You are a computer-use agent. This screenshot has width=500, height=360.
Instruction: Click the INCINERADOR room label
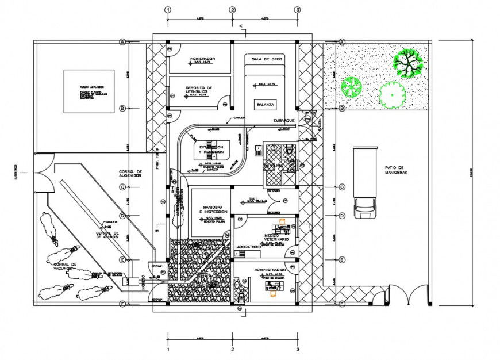(x=201, y=59)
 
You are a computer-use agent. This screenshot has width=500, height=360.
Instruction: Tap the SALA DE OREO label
(x=265, y=59)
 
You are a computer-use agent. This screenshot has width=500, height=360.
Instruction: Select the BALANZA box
(x=265, y=105)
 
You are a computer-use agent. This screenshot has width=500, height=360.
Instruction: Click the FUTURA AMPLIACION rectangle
(x=90, y=92)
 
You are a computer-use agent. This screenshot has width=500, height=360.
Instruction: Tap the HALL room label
(x=254, y=198)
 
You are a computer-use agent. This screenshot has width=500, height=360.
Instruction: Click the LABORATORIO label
(x=248, y=247)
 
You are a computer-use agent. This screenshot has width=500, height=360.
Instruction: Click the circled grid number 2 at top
(x=232, y=10)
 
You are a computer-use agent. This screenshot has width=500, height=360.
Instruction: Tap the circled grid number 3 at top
(x=297, y=10)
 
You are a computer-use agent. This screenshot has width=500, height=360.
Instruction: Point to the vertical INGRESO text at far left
(x=17, y=171)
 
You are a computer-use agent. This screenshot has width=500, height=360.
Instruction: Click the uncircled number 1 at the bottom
(x=167, y=348)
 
